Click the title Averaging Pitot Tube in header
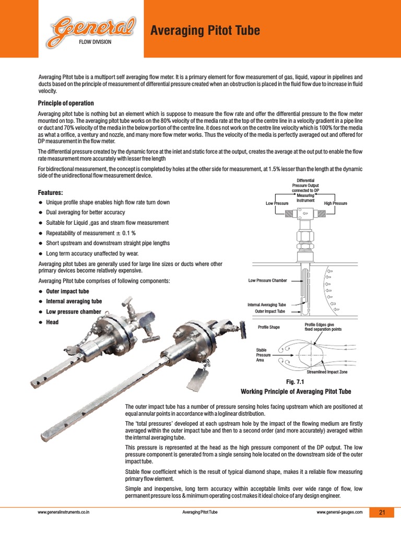[x=205, y=32]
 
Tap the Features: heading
[x=54, y=193]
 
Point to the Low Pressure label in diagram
[x=277, y=203]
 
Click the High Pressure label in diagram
[x=335, y=203]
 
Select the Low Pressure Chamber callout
[x=267, y=281]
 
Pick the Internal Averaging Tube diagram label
[x=267, y=305]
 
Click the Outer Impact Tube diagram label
[x=270, y=311]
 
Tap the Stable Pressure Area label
[x=264, y=355]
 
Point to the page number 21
[x=382, y=513]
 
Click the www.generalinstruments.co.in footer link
[x=64, y=513]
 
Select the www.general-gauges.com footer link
[x=339, y=513]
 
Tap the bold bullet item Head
[x=52, y=322]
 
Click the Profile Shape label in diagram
[x=269, y=328]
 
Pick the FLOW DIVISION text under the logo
[x=95, y=42]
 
